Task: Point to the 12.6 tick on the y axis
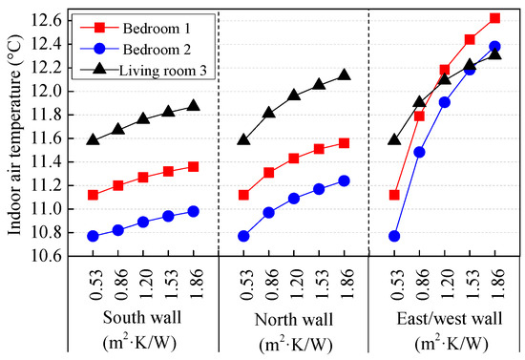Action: (49, 20)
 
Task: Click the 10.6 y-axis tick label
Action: (49, 256)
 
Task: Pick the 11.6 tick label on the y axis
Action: (49, 138)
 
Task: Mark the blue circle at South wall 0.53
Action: (93, 236)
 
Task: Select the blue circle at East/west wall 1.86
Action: (494, 46)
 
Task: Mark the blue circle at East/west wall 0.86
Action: (419, 152)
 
